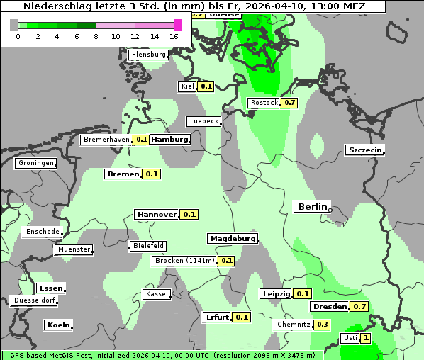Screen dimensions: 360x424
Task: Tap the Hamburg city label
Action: [x=170, y=140]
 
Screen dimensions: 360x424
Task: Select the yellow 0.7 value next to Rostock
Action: [x=289, y=103]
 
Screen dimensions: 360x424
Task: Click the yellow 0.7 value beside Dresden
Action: [x=359, y=307]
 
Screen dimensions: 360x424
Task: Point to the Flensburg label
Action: [x=149, y=55]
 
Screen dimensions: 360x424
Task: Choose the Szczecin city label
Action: [x=365, y=150]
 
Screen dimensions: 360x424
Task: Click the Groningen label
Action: [x=36, y=163]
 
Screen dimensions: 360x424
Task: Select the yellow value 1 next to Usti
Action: [x=366, y=338]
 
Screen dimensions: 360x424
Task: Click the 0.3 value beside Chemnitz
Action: [x=322, y=325]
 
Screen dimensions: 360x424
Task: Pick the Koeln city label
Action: [x=58, y=325]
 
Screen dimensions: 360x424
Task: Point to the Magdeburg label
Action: [x=233, y=239]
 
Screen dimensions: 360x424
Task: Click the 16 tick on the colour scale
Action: [x=174, y=36]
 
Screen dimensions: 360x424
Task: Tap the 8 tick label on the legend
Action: [x=96, y=36]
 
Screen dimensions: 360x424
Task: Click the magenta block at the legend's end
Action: [x=177, y=25]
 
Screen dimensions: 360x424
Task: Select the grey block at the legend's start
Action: [x=13, y=25]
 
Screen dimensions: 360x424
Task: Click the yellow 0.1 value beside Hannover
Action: [x=189, y=214]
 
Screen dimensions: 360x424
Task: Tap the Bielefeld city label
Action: [x=148, y=246]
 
